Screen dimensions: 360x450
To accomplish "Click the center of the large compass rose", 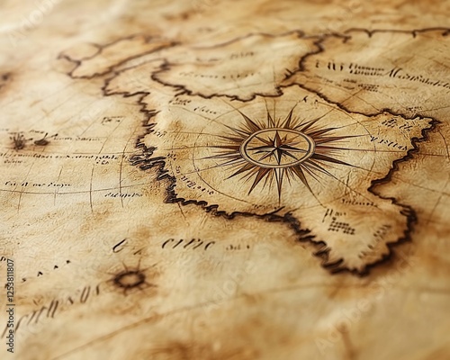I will (x=277, y=147).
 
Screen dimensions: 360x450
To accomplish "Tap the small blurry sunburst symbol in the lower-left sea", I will (x=130, y=279).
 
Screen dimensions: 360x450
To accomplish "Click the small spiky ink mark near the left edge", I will (x=18, y=141).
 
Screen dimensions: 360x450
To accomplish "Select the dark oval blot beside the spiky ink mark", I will (x=41, y=142).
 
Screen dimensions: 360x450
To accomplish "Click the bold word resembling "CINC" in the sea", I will (x=188, y=243).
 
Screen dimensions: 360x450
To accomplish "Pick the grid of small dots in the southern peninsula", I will (x=340, y=226).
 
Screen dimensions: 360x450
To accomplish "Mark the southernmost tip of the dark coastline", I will (x=337, y=268).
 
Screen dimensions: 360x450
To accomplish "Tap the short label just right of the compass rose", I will (x=387, y=142).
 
